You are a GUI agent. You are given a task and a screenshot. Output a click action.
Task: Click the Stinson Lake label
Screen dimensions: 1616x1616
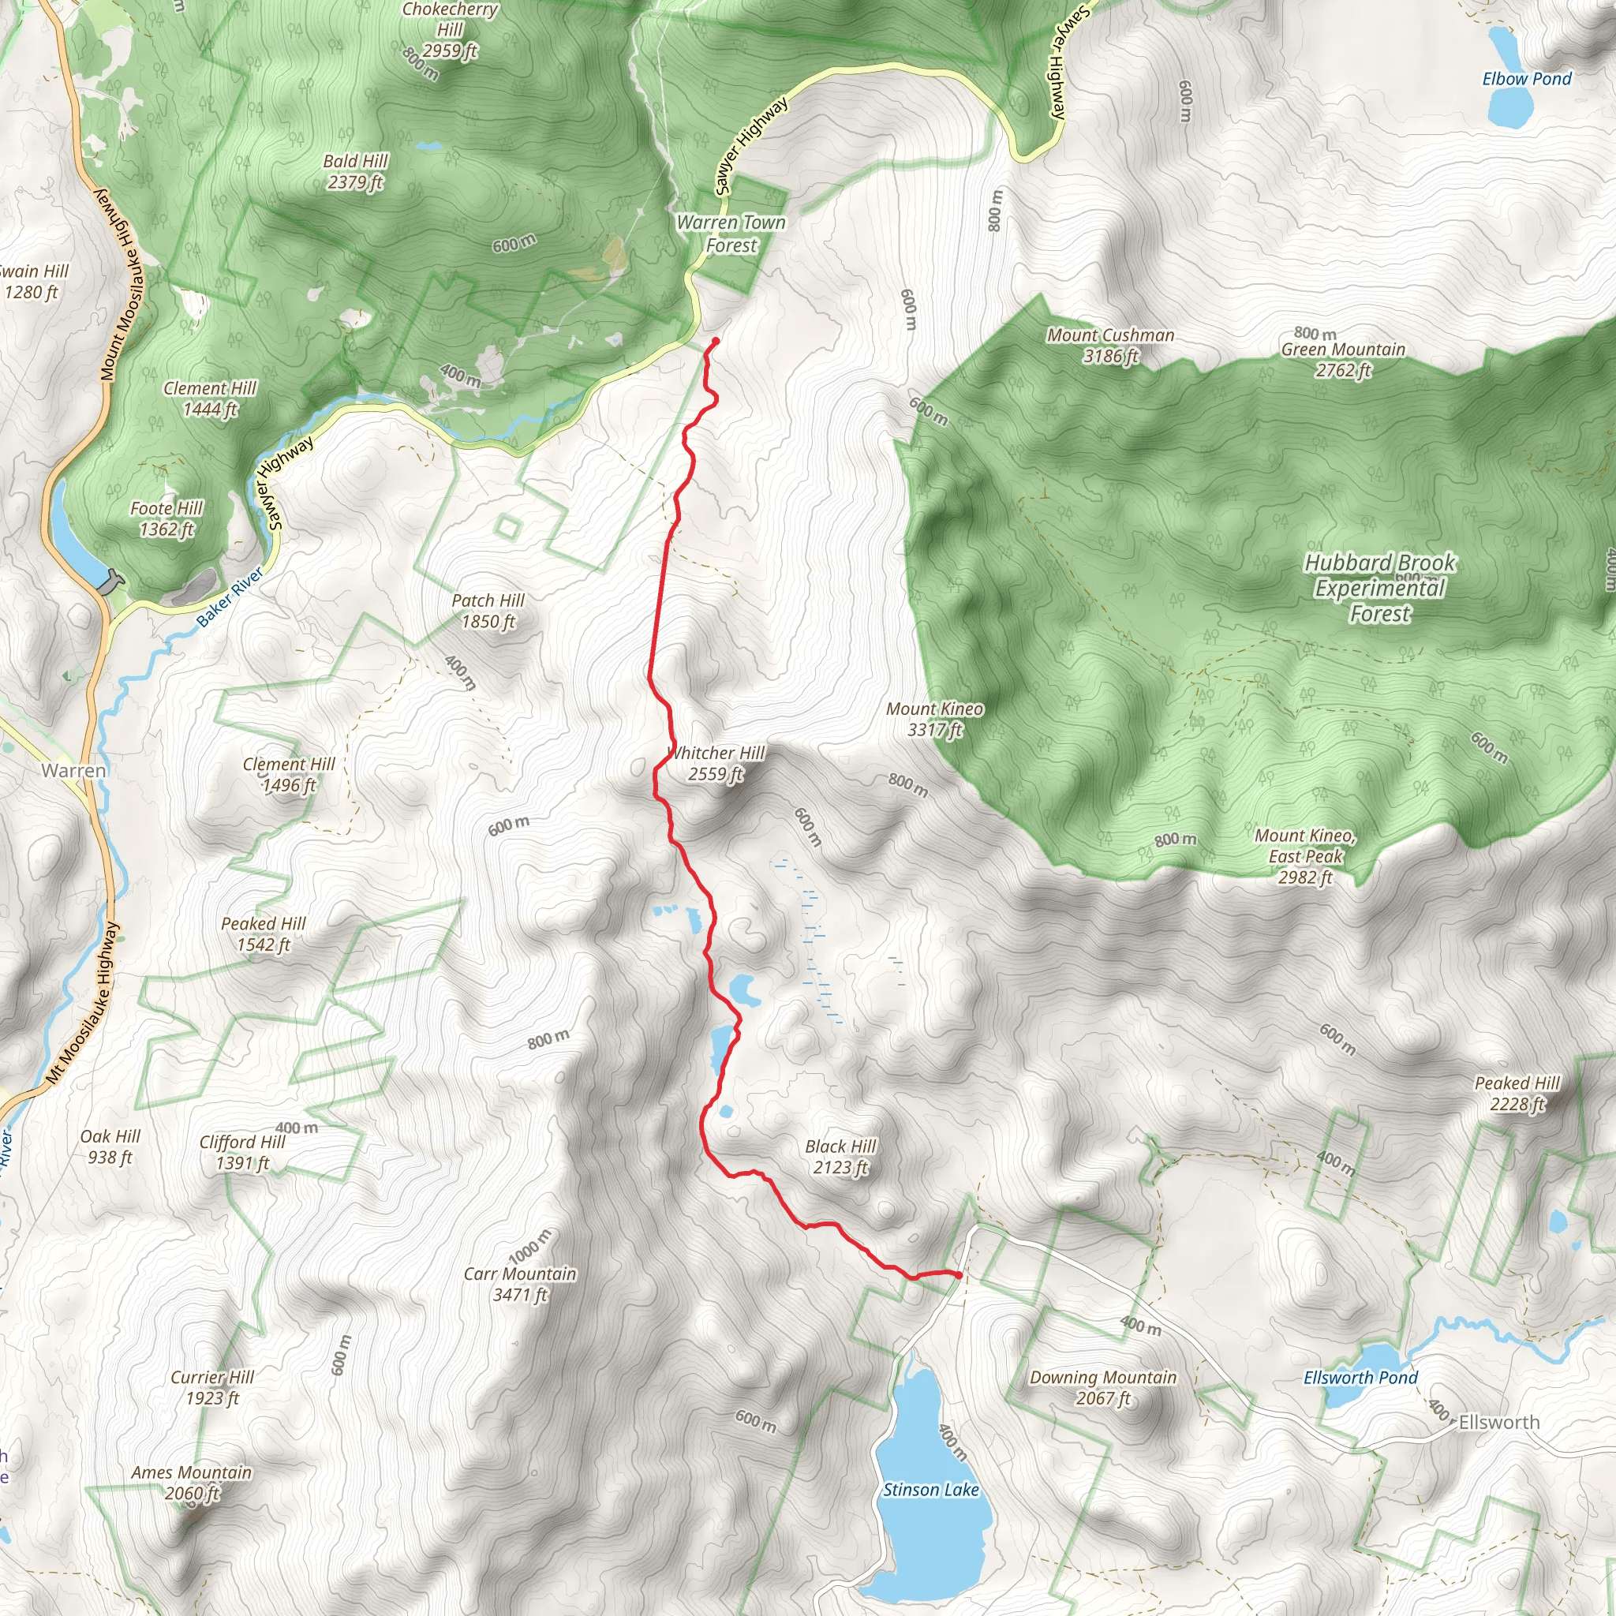[x=930, y=1490]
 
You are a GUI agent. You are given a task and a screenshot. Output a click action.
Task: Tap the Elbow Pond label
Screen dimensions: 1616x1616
[x=1527, y=79]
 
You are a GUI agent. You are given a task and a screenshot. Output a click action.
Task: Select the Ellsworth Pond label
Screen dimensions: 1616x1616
[x=1360, y=1378]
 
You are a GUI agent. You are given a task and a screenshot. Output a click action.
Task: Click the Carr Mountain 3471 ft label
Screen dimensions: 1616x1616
[x=519, y=1284]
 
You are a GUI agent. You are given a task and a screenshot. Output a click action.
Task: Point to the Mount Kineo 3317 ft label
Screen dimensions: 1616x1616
[x=934, y=720]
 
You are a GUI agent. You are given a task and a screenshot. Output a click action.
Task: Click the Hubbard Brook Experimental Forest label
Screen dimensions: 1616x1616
[x=1379, y=588]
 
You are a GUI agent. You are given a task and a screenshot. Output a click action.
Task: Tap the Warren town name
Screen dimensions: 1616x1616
[x=73, y=770]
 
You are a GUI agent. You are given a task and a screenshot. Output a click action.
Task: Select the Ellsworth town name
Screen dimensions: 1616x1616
[x=1499, y=1422]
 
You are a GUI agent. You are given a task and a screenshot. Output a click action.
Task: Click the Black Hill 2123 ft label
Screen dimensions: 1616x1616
[x=840, y=1157]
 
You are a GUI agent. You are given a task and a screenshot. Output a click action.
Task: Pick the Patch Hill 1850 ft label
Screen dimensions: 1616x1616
[x=488, y=611]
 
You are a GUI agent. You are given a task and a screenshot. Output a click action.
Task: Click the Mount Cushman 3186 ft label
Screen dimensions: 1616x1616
[x=1110, y=346]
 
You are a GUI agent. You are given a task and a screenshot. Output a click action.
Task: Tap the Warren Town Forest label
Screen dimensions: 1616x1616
[x=731, y=234]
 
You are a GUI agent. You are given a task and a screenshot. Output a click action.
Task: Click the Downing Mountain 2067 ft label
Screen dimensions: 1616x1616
[x=1102, y=1388]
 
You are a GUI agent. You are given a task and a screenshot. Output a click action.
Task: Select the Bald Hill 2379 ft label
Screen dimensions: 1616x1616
[x=356, y=171]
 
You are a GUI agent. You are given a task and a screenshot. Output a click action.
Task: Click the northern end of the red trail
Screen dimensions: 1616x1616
[x=716, y=340]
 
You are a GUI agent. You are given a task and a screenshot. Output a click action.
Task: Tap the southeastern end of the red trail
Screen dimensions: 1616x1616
[x=959, y=1275]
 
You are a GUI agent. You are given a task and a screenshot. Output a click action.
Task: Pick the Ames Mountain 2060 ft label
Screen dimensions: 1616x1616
[x=192, y=1482]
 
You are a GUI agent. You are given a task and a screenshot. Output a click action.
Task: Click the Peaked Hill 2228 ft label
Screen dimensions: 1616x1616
[x=1517, y=1093]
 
